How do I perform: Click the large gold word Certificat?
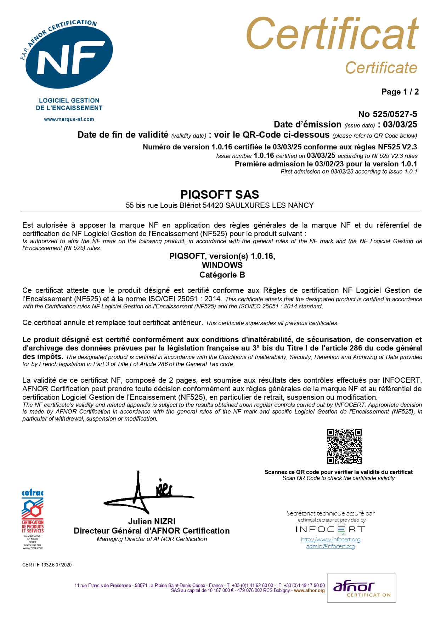pyautogui.click(x=332, y=34)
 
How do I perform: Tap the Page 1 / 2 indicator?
pyautogui.click(x=400, y=92)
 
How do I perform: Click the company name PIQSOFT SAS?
pyautogui.click(x=220, y=194)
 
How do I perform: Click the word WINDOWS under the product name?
pyautogui.click(x=222, y=265)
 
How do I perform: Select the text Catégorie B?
pyautogui.click(x=222, y=275)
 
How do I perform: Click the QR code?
pyautogui.click(x=344, y=446)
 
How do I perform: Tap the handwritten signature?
pyautogui.click(x=149, y=494)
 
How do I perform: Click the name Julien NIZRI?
pyautogui.click(x=152, y=522)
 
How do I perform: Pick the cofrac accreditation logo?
pyautogui.click(x=33, y=519)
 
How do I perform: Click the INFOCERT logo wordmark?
pyautogui.click(x=330, y=530)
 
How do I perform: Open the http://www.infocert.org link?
pyautogui.click(x=330, y=540)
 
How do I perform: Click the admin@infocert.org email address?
pyautogui.click(x=330, y=546)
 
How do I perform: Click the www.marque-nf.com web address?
pyautogui.click(x=69, y=119)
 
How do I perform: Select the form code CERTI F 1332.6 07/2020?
pyautogui.click(x=47, y=565)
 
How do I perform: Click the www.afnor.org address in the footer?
pyautogui.click(x=309, y=591)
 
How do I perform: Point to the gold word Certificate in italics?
pyautogui.click(x=381, y=68)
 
